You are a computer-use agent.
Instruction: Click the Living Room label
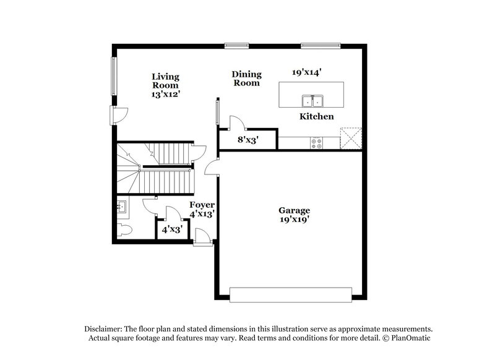(166, 81)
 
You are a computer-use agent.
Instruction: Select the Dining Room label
(246, 78)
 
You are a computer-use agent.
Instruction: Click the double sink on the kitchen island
(312, 100)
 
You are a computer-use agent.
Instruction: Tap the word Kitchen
(317, 116)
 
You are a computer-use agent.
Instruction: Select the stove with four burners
(316, 143)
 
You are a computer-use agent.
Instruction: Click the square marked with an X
(351, 139)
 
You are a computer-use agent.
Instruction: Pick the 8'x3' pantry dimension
(247, 140)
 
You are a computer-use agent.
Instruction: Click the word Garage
(294, 210)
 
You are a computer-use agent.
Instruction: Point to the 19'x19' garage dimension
(294, 219)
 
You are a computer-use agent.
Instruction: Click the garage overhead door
(291, 294)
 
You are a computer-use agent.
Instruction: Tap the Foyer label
(202, 205)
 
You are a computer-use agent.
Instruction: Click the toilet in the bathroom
(124, 231)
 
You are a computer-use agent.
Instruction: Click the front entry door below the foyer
(202, 238)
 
